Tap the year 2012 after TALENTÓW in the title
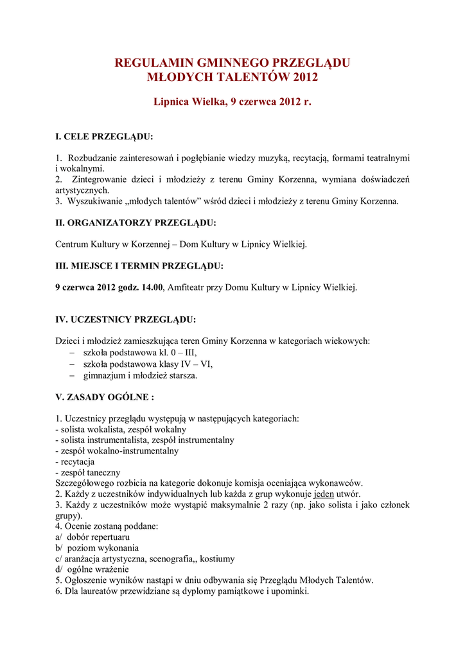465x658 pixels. pos(305,78)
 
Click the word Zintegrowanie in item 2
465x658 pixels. pos(100,179)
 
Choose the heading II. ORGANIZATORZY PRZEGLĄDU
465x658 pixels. pos(136,222)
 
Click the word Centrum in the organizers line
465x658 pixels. pos(71,244)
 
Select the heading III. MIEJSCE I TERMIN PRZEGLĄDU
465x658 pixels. pos(139,266)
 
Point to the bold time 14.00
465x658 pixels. pos(152,288)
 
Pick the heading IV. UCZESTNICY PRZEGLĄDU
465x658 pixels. pos(125,319)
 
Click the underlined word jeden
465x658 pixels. pos(323,494)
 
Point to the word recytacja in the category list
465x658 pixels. pos(77,461)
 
